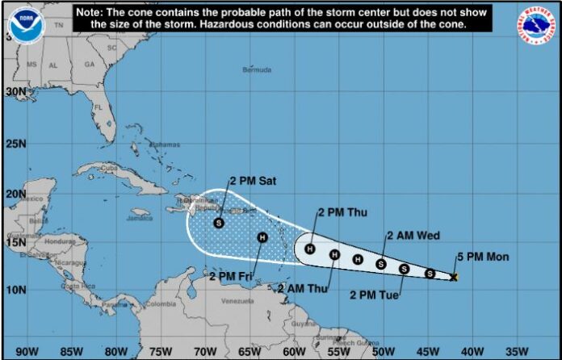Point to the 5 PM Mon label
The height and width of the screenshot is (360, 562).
click(x=484, y=257)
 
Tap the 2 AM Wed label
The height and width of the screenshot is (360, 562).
click(x=413, y=236)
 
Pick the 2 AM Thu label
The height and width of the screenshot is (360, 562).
click(x=302, y=287)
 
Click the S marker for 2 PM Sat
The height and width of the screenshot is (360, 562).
click(x=219, y=223)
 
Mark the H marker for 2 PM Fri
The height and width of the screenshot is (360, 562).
click(x=262, y=237)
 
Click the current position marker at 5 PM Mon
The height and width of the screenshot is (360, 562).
click(x=454, y=277)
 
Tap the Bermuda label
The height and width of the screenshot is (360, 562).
click(x=257, y=70)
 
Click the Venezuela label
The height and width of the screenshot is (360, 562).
click(x=237, y=301)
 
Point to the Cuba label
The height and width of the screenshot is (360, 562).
click(x=109, y=168)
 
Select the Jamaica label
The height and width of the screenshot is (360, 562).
click(x=139, y=218)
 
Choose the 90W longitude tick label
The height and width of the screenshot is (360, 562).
click(x=27, y=351)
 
